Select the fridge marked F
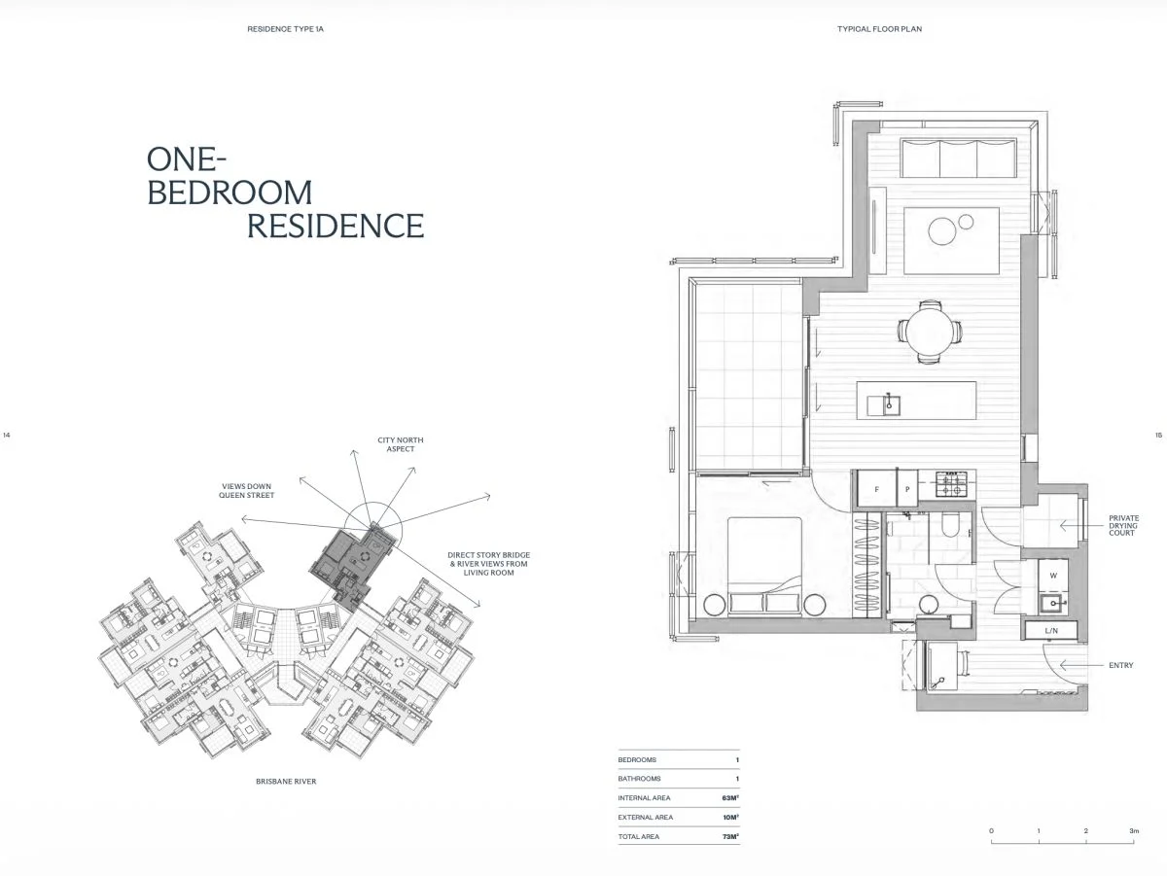coord(876,489)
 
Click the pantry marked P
coord(907,489)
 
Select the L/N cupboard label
coord(1051,631)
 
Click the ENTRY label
coord(1120,666)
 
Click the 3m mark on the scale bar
coord(1133,832)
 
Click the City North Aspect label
coord(401,444)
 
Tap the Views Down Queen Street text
coord(246,491)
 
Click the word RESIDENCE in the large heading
coord(336,226)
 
